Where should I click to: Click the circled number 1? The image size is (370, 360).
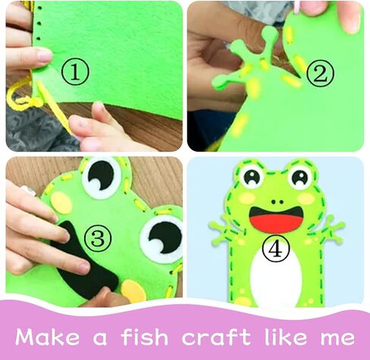pos(75,71)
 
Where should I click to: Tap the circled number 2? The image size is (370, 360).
pos(320,74)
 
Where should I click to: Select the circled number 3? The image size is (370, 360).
pos(98,239)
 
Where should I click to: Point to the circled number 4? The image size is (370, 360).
pos(275,249)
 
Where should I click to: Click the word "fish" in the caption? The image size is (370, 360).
pos(145,337)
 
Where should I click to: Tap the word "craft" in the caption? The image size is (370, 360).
pos(216,337)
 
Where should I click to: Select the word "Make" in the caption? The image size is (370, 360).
pos(47,337)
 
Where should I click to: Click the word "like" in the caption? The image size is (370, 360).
pos(286,337)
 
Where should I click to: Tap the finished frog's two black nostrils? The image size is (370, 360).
pos(277,202)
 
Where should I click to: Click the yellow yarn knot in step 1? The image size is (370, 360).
pos(32,102)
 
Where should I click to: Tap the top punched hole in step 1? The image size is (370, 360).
pos(39,8)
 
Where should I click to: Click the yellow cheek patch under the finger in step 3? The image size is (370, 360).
pos(133,291)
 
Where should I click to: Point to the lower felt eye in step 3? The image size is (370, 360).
pos(161,237)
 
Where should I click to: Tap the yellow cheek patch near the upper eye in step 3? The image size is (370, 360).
pos(62,202)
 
